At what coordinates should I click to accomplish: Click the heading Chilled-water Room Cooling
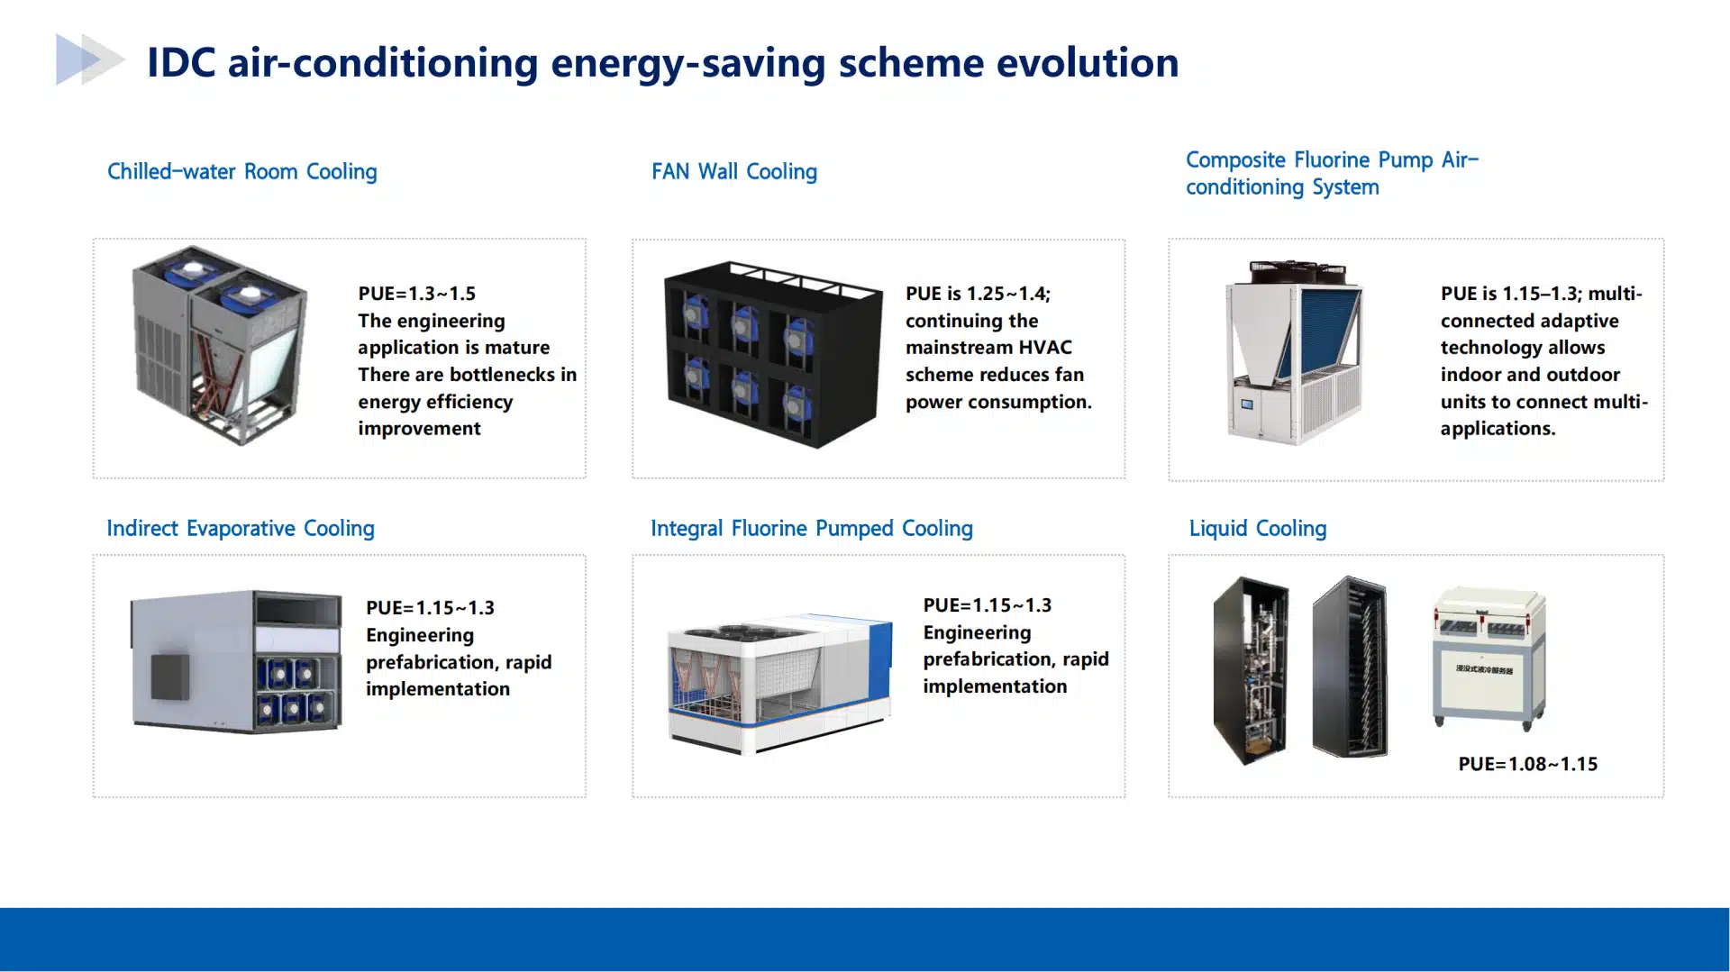tap(241, 171)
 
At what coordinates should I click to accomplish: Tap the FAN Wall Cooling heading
tap(734, 171)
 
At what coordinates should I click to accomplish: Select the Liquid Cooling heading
tap(1258, 528)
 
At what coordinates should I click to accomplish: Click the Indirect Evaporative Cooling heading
tap(241, 528)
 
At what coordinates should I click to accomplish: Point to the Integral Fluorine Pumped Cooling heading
tap(812, 528)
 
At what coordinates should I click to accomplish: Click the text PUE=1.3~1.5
tap(416, 294)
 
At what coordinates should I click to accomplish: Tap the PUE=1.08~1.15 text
tap(1528, 764)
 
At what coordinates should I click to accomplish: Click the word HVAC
tap(1045, 348)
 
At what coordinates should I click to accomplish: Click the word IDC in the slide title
tap(181, 63)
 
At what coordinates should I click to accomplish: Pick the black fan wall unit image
tap(773, 354)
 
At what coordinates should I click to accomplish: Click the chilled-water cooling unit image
tap(220, 345)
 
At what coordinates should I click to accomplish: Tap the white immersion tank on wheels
tap(1489, 658)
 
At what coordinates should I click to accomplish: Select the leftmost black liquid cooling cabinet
tap(1251, 670)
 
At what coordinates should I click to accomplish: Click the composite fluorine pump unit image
tap(1295, 352)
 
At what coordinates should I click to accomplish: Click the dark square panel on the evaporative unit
tap(169, 677)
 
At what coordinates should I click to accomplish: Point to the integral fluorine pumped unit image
tap(779, 684)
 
